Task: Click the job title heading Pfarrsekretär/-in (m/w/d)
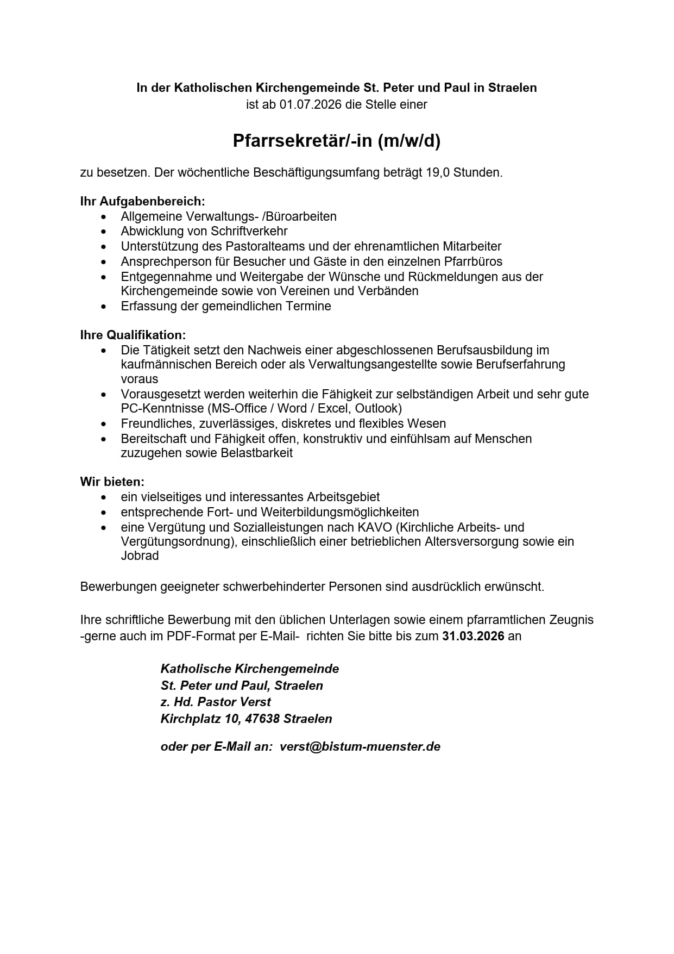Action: [x=336, y=141]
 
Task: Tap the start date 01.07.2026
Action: [x=311, y=104]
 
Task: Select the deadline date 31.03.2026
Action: [x=473, y=636]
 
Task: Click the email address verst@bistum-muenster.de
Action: [x=360, y=746]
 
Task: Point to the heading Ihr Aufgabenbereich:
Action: [x=142, y=202]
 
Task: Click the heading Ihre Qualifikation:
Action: [x=133, y=335]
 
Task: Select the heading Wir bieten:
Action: [x=112, y=482]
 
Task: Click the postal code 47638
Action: [x=262, y=719]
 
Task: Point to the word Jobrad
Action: [x=140, y=556]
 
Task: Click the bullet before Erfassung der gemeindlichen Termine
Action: [x=104, y=307]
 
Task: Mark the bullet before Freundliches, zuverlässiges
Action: [x=104, y=424]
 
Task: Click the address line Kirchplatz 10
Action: [x=199, y=719]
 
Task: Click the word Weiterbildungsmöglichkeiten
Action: [x=339, y=512]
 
